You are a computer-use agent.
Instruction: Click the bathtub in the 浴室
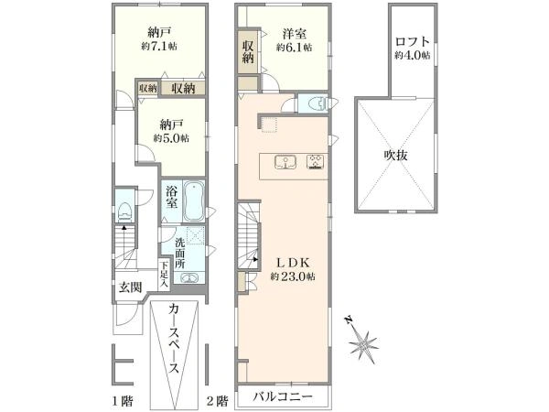coord(194,201)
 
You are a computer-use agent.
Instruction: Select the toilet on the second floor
coord(318,103)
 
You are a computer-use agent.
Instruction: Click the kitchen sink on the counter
coord(285,162)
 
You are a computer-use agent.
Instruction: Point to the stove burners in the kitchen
coord(316,162)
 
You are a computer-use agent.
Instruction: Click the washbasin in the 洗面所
coord(188,278)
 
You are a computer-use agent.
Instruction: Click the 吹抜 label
coord(396,155)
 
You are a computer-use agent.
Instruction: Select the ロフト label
coord(412,42)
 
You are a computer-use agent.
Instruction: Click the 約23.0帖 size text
coord(293,276)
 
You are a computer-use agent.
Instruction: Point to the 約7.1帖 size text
coord(159,47)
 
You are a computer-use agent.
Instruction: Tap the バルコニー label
coord(283,397)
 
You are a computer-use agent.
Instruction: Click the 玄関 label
coord(130,287)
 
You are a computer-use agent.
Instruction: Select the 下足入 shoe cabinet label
coord(164,275)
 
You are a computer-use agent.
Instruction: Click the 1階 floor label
coord(123,400)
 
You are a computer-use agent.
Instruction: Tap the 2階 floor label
coord(218,400)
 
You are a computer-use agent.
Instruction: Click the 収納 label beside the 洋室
coord(248,52)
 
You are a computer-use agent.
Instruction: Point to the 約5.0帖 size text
coord(171,138)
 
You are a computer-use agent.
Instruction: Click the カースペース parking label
coord(174,339)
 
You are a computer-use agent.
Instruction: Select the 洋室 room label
coord(295,34)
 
